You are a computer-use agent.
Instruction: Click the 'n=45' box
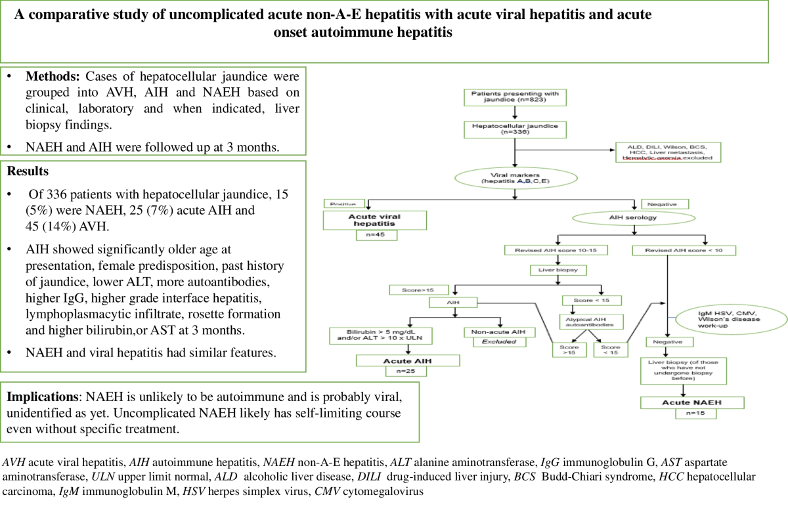coord(375,235)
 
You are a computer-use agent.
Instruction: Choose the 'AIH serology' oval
coord(632,217)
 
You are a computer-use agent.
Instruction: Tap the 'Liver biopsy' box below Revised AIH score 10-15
coord(557,269)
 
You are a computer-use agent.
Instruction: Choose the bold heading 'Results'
coord(27,171)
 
